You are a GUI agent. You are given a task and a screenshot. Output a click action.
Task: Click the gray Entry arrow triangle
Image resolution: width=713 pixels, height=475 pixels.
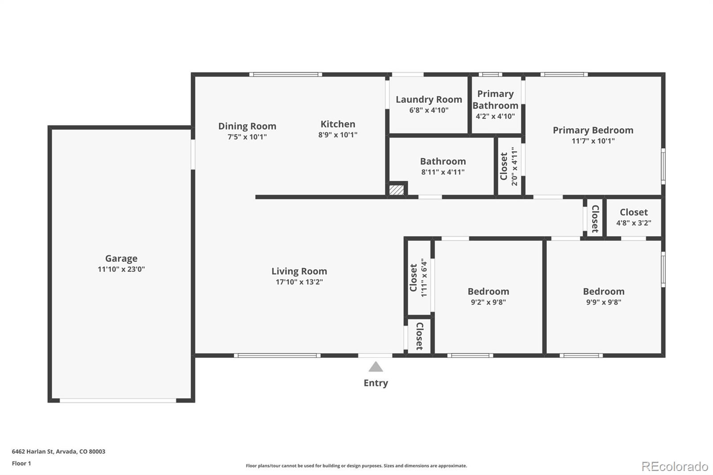click(x=376, y=367)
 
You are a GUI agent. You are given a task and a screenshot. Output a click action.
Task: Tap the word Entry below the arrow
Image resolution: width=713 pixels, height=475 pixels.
click(x=376, y=383)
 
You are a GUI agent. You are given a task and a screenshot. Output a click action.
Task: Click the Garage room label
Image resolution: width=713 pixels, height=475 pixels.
click(x=121, y=258)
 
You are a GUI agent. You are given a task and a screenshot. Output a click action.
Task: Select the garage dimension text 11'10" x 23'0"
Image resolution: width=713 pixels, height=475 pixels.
click(x=121, y=269)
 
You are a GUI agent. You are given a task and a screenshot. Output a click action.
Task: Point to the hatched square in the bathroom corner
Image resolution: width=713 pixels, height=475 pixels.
click(x=397, y=190)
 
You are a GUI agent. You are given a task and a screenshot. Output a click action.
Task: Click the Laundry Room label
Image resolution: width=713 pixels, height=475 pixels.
click(x=429, y=99)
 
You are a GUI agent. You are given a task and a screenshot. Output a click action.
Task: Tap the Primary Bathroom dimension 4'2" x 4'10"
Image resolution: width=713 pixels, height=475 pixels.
click(x=495, y=116)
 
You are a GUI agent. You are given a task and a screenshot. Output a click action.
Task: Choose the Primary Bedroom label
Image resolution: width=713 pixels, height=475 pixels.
click(x=593, y=130)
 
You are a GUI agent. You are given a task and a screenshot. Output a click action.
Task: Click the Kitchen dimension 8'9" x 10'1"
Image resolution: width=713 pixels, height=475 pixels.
click(x=338, y=135)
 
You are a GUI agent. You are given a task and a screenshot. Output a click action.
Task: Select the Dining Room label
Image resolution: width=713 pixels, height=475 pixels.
click(x=247, y=126)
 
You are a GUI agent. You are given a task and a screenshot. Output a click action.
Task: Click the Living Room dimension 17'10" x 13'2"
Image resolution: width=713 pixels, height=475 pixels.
click(x=299, y=282)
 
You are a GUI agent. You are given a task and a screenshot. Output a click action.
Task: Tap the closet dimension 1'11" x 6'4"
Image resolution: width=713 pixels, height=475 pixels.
click(x=424, y=278)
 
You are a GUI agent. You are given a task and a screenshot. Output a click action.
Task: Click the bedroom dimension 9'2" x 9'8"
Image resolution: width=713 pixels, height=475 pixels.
click(x=488, y=302)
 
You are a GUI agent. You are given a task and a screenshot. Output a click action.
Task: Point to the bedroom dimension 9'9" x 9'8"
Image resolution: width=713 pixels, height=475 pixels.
click(x=603, y=302)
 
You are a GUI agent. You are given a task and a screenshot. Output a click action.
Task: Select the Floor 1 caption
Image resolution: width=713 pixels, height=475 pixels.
click(x=21, y=463)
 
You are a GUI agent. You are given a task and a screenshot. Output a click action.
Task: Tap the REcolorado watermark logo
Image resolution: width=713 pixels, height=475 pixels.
click(x=675, y=467)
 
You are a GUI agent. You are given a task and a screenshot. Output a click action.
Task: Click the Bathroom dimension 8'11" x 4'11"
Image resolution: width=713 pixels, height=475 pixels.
click(x=443, y=172)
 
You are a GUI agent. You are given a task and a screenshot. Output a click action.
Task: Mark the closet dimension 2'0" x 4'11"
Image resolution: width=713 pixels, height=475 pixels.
click(x=514, y=166)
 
